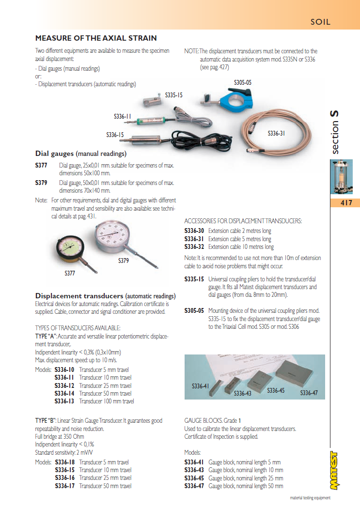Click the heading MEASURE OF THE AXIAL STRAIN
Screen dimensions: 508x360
(96, 38)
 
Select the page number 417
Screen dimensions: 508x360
(346, 203)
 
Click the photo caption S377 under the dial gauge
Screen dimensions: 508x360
(70, 274)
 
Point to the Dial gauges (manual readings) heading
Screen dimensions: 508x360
(81, 154)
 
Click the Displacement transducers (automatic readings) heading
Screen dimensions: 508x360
(105, 296)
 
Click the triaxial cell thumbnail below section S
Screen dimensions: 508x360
(342, 177)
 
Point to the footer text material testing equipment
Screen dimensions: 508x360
(310, 497)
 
